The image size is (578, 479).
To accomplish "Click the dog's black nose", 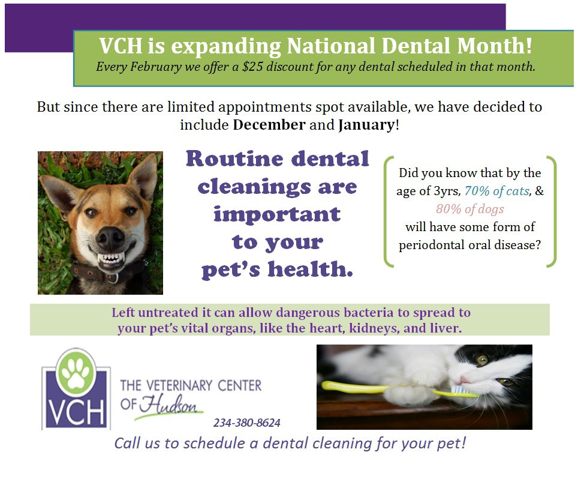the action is tap(110, 238).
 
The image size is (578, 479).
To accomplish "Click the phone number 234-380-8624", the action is tap(246, 423).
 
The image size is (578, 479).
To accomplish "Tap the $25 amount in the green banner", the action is tap(252, 67).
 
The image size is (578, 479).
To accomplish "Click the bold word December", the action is tap(269, 125).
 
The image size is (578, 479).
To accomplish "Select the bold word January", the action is tap(366, 125).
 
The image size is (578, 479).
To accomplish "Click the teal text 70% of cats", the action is tap(496, 191).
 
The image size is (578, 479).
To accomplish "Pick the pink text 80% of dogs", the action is tap(469, 209).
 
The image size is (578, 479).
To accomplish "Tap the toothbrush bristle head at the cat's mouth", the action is tap(460, 390).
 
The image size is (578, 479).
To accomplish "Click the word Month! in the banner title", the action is tap(494, 46).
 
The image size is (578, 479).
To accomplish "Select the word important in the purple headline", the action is tap(277, 214).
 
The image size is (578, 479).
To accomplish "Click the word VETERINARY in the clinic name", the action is tap(179, 385).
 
